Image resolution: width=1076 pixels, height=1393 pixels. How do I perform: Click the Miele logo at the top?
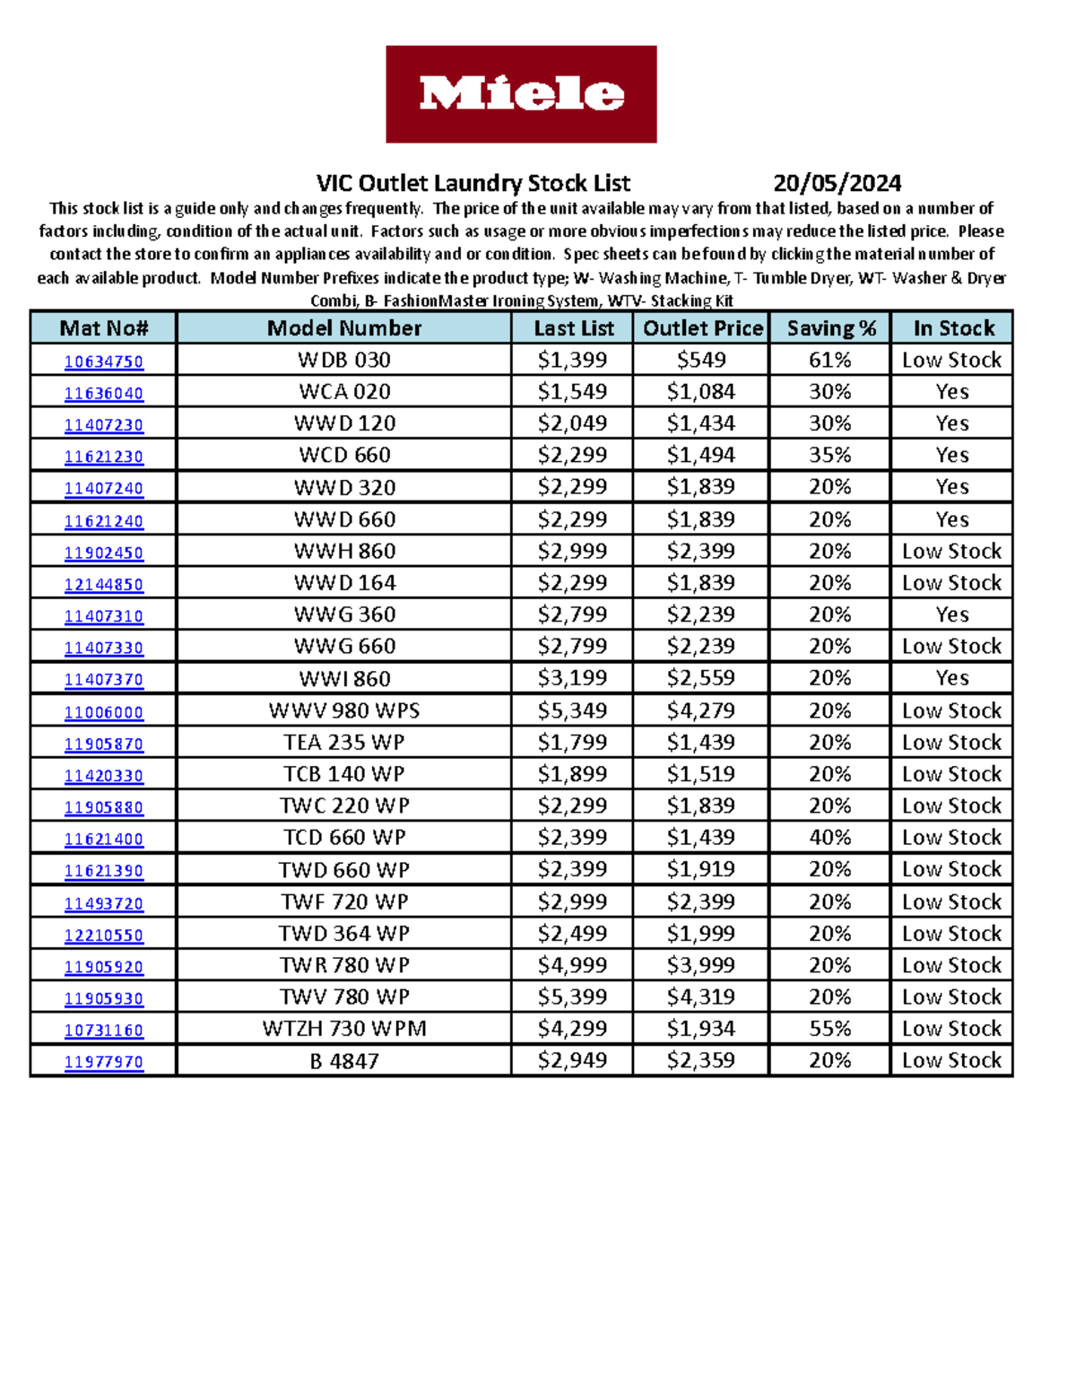point(521,94)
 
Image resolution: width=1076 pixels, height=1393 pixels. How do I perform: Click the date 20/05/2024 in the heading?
point(837,184)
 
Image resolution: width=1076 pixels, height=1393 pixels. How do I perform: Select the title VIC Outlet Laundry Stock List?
point(473,184)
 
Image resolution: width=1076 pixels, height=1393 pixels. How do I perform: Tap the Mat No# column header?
point(103,328)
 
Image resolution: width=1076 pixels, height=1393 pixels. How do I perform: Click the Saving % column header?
point(830,328)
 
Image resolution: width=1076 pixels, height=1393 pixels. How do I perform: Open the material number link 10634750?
point(104,361)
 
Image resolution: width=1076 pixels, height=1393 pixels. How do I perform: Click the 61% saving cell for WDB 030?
point(830,361)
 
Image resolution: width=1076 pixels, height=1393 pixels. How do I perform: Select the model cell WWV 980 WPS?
point(344,710)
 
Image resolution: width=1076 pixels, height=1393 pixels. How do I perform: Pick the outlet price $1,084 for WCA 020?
point(700,392)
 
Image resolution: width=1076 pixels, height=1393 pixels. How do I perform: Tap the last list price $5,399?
point(572,997)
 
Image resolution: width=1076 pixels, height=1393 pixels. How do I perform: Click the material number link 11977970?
point(104,1062)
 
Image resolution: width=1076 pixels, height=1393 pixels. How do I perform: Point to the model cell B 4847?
point(344,1061)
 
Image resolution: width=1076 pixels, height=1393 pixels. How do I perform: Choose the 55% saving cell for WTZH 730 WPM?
point(830,1029)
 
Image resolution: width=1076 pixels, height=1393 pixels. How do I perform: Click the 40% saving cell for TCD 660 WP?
point(830,838)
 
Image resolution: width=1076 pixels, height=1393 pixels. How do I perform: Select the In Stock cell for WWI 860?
point(951,678)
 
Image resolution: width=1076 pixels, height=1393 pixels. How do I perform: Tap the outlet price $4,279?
point(700,710)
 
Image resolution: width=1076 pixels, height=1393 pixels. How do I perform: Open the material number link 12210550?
point(104,935)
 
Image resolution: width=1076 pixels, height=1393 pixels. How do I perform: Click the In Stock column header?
point(953,328)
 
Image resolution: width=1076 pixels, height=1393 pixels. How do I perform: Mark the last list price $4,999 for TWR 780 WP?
point(572,965)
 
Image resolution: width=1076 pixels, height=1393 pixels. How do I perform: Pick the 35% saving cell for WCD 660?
point(830,456)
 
